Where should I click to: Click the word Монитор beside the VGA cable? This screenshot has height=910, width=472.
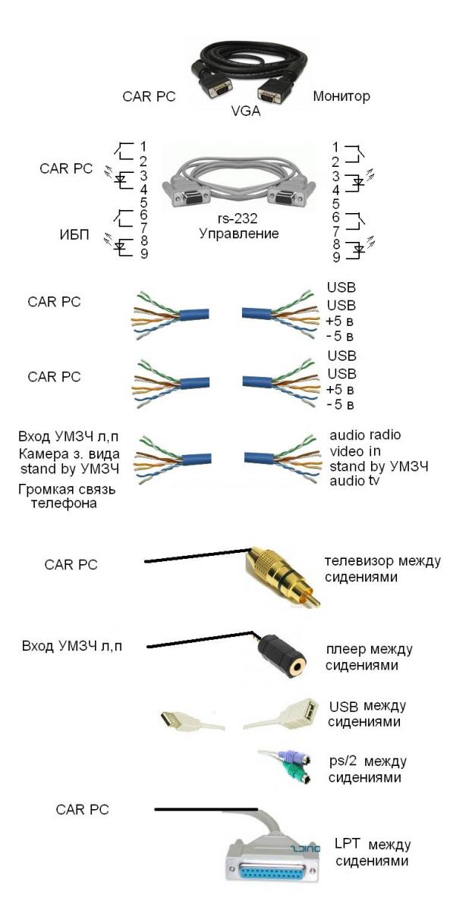tap(341, 96)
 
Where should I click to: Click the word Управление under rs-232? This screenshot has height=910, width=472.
tap(238, 234)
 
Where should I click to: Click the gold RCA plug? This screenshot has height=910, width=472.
tap(282, 573)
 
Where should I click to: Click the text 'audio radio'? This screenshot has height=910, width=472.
tap(364, 435)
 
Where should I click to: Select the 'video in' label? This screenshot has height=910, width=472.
tap(355, 451)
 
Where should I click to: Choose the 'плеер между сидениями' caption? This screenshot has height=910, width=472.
tap(368, 657)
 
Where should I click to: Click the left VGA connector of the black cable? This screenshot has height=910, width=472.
tap(218, 87)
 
